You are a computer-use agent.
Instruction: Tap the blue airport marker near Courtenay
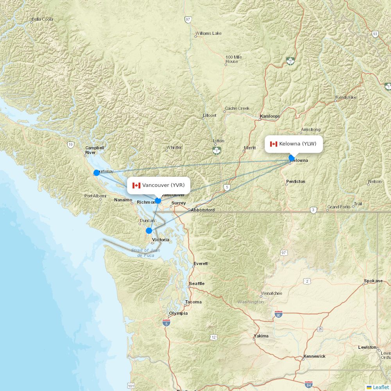[97, 172]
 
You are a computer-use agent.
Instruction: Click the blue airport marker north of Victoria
[149, 231]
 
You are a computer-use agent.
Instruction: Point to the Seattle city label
[197, 283]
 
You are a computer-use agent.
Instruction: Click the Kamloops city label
[271, 116]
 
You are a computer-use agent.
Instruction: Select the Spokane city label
[373, 281]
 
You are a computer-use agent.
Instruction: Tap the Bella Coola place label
[42, 19]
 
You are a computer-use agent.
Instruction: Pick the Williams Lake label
[208, 33]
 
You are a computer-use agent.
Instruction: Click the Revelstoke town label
[346, 97]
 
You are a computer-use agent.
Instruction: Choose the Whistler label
[174, 147]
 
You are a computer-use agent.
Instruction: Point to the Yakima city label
[261, 336]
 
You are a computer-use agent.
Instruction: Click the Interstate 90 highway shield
[278, 314]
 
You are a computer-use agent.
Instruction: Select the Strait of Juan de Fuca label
[145, 253]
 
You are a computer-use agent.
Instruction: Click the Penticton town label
[296, 181]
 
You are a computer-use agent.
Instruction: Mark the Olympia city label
[179, 313]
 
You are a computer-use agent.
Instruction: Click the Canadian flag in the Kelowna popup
[274, 144]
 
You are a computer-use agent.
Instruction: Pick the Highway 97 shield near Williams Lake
[188, 19]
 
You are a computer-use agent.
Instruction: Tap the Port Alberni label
[95, 196]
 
